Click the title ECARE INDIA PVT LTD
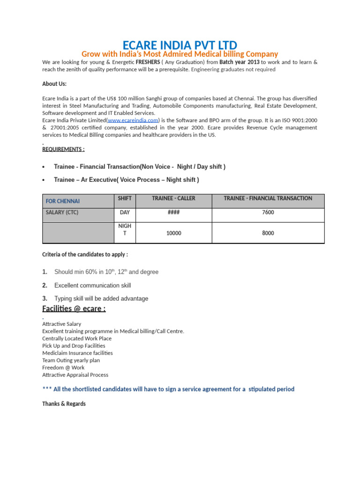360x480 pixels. [180, 45]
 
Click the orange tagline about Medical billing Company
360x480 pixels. [180, 54]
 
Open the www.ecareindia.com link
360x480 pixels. [133, 120]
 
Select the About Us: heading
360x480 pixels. [54, 84]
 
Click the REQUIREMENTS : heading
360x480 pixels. [63, 150]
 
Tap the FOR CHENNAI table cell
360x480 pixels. [62, 201]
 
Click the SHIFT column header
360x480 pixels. [125, 199]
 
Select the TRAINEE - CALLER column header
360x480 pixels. [173, 199]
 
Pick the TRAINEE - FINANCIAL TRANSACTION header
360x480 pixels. [268, 199]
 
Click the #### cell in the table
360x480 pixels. [173, 212]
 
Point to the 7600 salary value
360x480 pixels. [268, 212]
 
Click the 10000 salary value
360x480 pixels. [173, 233]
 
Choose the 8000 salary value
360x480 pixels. [268, 233]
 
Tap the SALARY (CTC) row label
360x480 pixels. [62, 212]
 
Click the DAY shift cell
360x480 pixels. [125, 212]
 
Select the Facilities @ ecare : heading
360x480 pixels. [74, 308]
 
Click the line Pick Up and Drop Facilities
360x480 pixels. [74, 345]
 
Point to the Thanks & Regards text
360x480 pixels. [64, 404]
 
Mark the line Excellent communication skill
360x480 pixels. [92, 285]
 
